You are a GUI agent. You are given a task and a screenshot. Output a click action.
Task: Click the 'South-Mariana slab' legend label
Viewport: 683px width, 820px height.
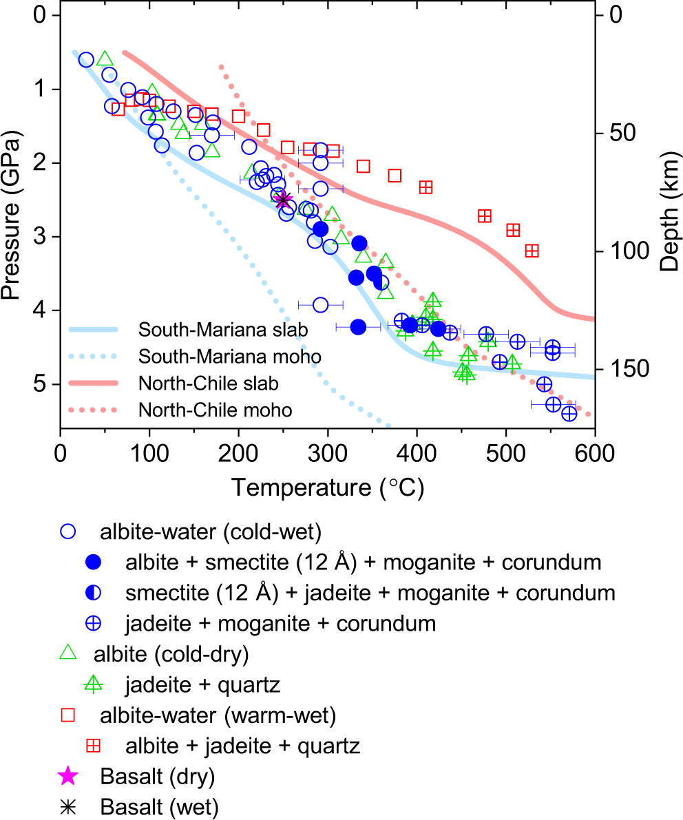tap(222, 330)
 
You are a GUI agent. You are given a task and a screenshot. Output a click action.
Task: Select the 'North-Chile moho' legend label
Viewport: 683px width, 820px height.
tap(216, 410)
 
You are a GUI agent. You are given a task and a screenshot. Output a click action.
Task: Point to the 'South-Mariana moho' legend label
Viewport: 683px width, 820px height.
tap(229, 357)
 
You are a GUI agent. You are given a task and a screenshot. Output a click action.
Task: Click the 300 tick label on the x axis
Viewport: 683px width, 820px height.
tap(327, 455)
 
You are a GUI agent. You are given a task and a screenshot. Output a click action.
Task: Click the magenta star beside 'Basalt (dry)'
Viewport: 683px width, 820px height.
tap(67, 777)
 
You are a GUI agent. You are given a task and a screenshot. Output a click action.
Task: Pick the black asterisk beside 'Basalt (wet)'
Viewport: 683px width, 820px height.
tap(67, 806)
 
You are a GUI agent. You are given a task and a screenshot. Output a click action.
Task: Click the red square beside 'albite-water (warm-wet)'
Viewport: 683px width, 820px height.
tap(67, 716)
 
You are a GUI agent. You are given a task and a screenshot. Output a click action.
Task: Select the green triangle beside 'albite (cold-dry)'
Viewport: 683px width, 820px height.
tap(67, 654)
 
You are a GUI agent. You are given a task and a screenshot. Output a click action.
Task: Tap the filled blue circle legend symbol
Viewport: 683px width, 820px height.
tap(94, 562)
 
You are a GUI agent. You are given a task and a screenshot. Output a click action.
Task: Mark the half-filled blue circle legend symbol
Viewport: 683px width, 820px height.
tap(94, 593)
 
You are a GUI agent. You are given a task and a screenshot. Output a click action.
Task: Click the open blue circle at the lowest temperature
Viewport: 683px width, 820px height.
tap(86, 60)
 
